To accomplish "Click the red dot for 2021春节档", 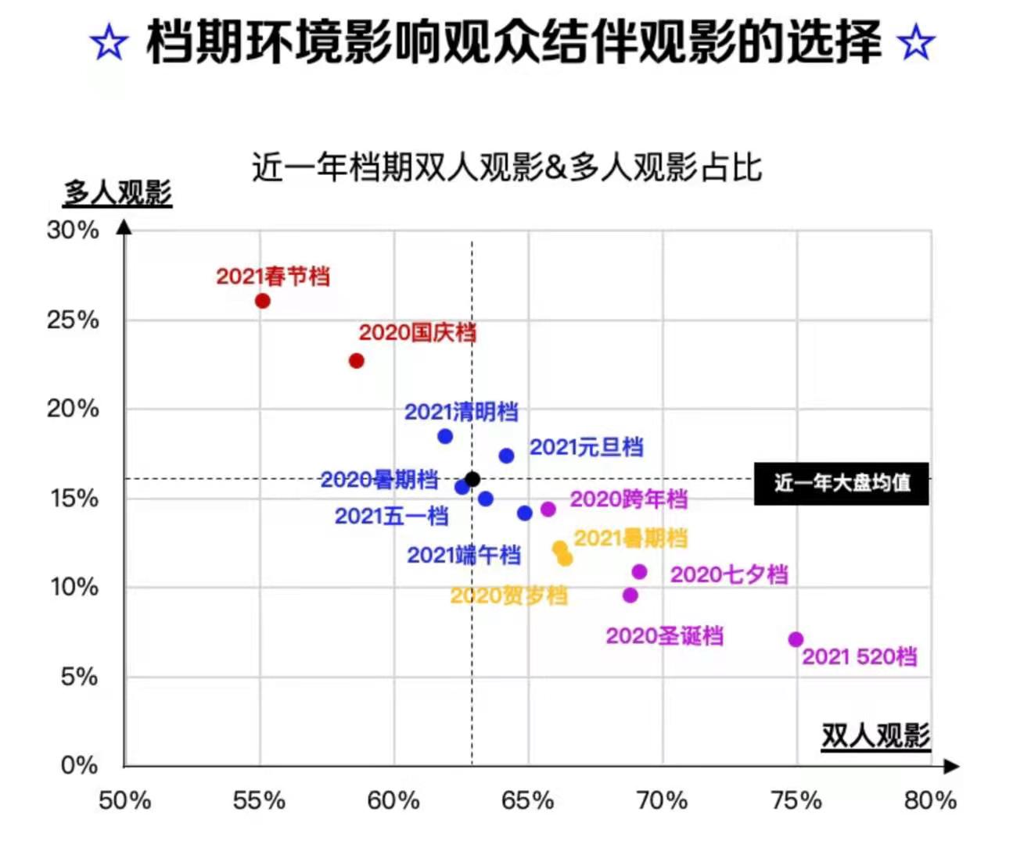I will (263, 301).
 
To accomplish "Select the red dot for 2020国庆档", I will (357, 361).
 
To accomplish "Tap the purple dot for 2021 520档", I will (796, 639).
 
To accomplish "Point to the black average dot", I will (472, 479).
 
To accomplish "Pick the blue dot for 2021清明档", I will (445, 436).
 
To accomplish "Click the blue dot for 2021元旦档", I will (507, 456).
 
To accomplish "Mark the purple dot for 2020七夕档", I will (639, 572).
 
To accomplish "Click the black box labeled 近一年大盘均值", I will (842, 483).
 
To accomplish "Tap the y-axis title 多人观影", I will (117, 192).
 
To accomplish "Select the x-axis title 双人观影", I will (875, 735).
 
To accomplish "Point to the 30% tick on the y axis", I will (73, 231).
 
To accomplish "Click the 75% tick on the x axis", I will (796, 800).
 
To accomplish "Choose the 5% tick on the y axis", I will (79, 677).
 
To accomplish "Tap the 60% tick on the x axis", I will (393, 800).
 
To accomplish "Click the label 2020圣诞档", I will (664, 636).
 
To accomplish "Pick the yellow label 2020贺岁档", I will (508, 596).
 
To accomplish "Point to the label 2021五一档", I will (391, 517).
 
